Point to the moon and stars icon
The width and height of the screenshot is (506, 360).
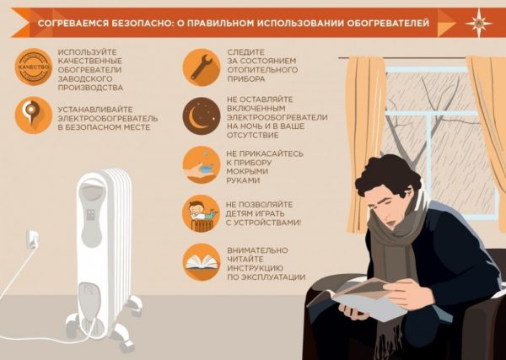(x=202, y=116)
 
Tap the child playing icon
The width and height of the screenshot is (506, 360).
(x=202, y=212)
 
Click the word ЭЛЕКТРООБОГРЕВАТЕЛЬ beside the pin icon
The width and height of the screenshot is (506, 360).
(x=107, y=117)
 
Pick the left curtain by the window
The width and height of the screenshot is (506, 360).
(x=364, y=135)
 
